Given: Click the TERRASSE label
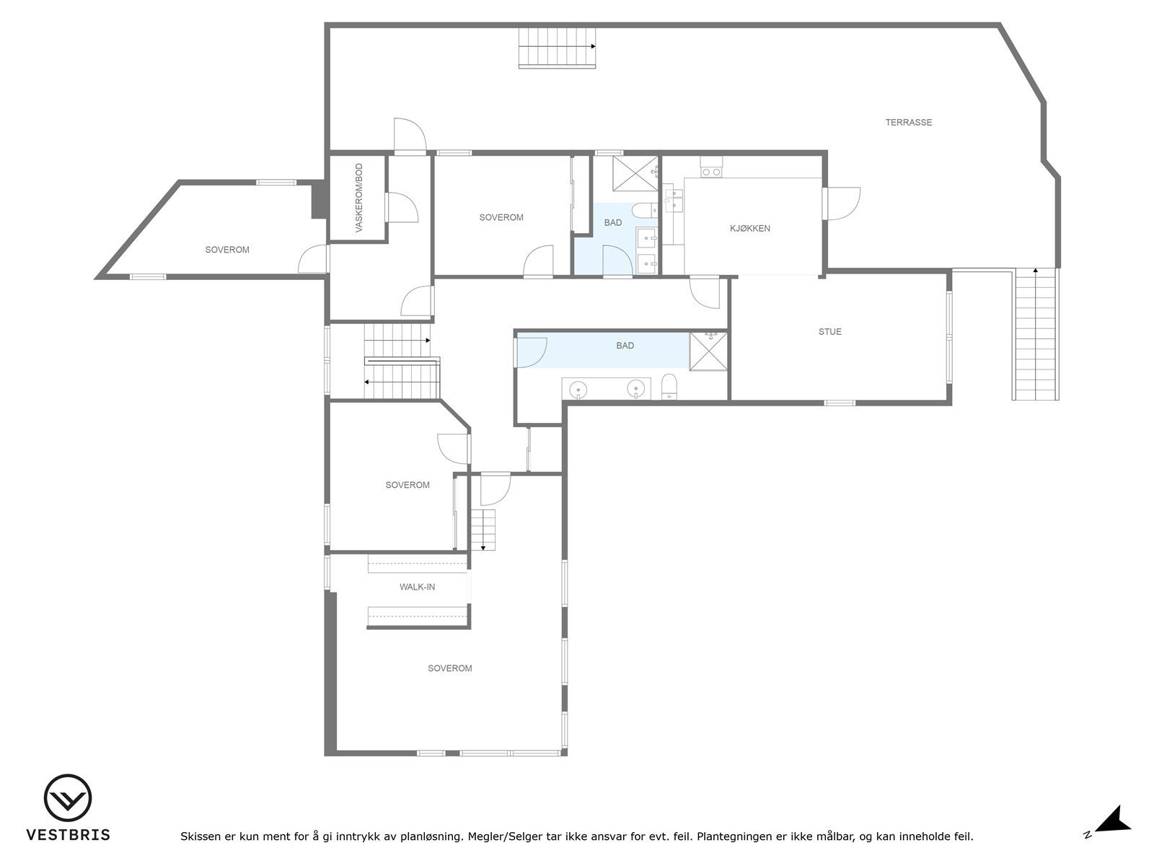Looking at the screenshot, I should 908,123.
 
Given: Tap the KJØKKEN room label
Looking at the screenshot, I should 750,229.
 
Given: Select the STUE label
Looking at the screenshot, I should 829,332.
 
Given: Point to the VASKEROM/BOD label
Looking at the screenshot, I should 358,198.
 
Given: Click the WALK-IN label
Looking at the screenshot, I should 417,587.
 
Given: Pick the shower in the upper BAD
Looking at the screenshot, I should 635,172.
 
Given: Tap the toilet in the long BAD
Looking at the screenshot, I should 669,387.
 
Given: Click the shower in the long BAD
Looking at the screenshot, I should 708,351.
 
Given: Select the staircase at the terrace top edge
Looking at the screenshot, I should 558,47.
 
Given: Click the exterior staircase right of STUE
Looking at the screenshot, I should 1036,333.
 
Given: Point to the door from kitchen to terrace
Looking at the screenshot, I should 842,204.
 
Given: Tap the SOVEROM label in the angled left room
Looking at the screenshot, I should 227,250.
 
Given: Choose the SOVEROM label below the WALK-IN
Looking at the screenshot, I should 449,668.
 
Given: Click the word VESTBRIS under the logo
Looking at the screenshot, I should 68,835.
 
